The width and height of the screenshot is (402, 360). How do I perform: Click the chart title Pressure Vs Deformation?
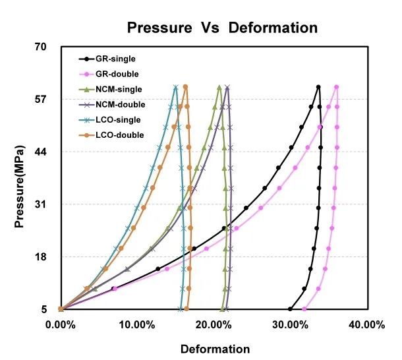(222, 28)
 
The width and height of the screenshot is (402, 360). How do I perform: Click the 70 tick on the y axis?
(40, 47)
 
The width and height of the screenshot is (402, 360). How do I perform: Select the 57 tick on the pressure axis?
(40, 100)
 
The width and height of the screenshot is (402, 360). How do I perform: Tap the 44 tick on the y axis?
(40, 152)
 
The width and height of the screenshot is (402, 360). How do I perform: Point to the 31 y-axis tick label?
(40, 204)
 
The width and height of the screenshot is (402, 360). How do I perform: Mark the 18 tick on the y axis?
(40, 257)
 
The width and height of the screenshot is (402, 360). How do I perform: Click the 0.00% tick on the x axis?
(61, 324)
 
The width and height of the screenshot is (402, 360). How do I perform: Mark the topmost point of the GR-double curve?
(337, 87)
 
